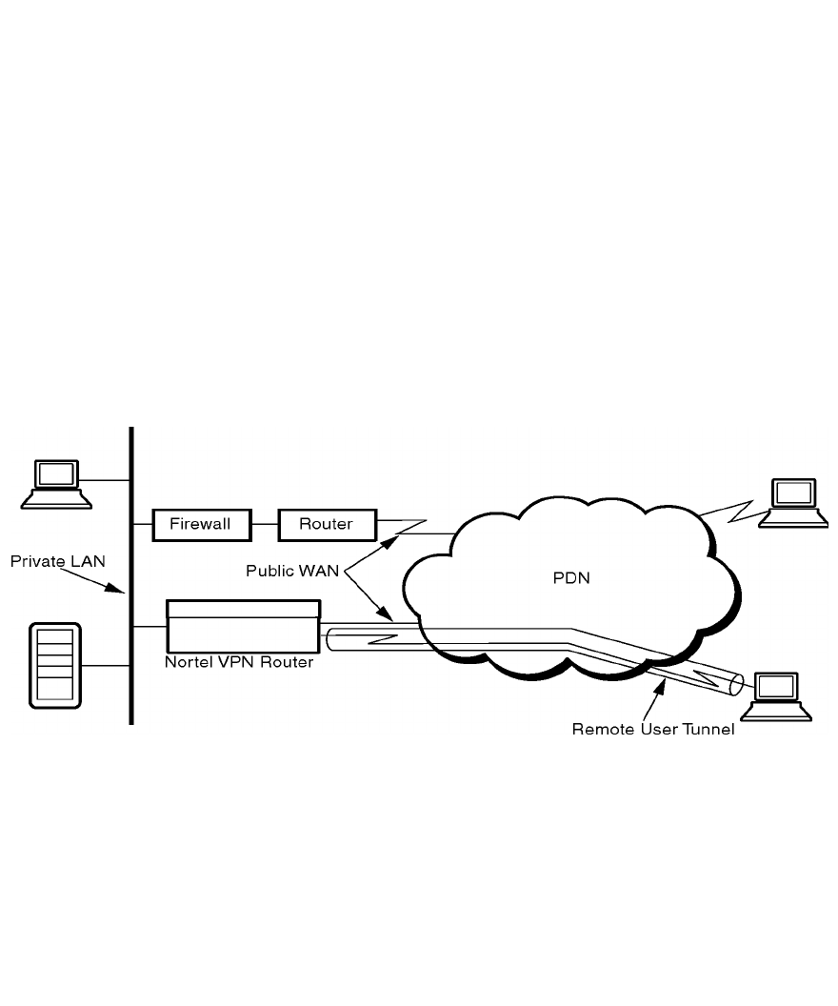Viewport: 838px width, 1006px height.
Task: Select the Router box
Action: (x=326, y=524)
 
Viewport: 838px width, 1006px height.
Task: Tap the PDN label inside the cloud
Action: (x=571, y=577)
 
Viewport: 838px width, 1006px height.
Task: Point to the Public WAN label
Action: (x=292, y=571)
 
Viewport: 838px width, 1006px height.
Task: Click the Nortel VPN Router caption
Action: (x=239, y=661)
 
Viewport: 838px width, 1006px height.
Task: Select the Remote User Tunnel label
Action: (x=652, y=730)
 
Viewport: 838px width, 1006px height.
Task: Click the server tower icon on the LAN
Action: (x=55, y=665)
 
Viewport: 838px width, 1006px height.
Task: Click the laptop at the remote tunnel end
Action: (x=781, y=696)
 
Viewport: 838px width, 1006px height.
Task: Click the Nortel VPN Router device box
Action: (x=243, y=626)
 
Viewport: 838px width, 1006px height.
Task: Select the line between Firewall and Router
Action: (x=266, y=524)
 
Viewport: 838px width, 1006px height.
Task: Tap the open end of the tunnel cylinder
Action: (x=736, y=684)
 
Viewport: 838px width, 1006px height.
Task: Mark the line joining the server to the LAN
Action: (x=106, y=665)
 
